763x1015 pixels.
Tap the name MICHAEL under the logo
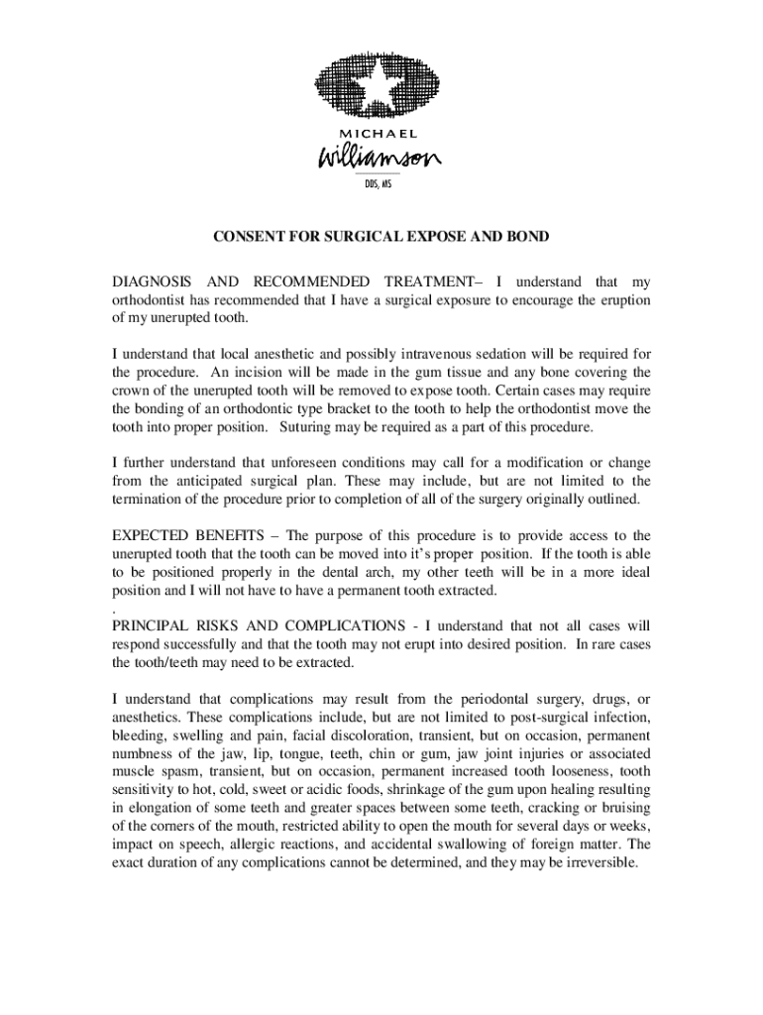(381, 134)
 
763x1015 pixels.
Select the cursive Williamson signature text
(381, 159)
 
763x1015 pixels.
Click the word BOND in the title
(528, 238)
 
